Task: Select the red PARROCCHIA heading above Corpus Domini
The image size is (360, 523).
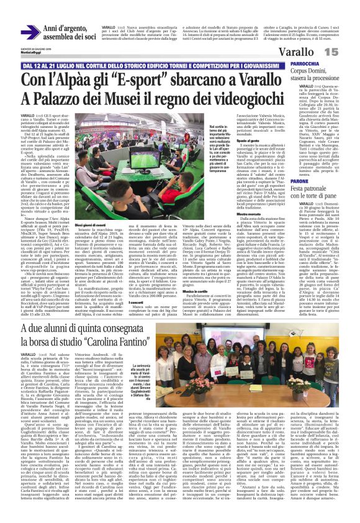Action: click(305, 64)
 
